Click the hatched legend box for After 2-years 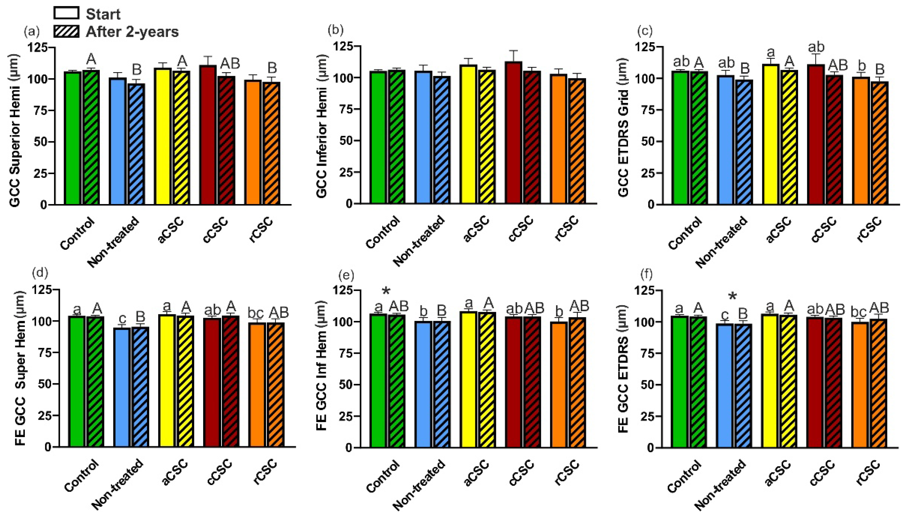point(66,31)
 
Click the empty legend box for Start point(66,13)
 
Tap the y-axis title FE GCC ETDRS point(623,369)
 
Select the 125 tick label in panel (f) point(644,290)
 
